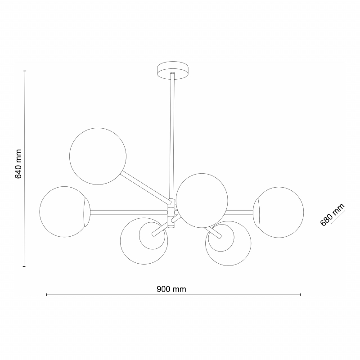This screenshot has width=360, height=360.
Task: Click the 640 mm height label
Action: (18, 164)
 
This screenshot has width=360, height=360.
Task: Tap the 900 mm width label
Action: (171, 289)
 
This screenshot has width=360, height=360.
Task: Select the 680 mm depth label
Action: (332, 215)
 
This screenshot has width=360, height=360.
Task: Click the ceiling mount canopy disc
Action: (173, 70)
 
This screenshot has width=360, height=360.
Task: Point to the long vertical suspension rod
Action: (172, 136)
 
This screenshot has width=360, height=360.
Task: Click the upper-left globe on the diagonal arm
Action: (98, 156)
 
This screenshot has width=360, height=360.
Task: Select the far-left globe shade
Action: (65, 211)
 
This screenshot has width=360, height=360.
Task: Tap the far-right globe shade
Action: (278, 212)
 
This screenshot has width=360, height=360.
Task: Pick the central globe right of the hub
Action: (202, 200)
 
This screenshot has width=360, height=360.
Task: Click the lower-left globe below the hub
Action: (144, 241)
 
